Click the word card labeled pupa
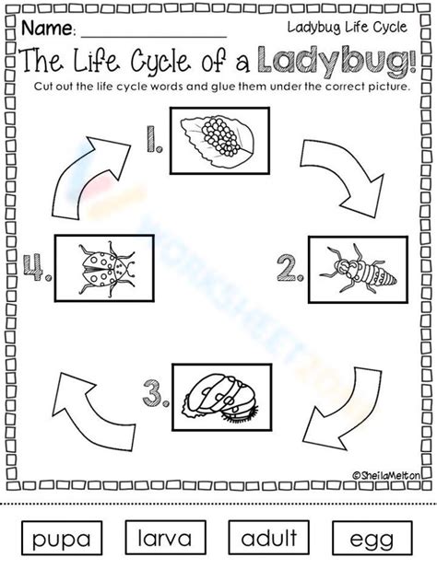[x=62, y=538]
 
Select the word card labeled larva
[x=165, y=538]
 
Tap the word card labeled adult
[x=268, y=538]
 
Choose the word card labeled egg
[x=372, y=538]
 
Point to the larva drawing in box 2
[x=358, y=270]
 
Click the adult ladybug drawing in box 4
[x=108, y=268]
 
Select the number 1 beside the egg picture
[x=154, y=139]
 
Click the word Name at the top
[x=48, y=29]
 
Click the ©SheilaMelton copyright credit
[x=386, y=475]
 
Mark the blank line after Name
[x=154, y=37]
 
